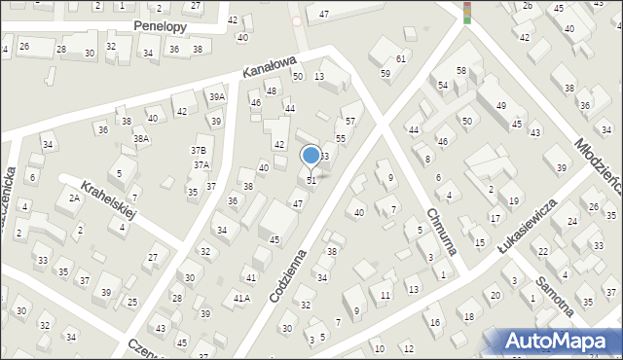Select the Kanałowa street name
click(x=268, y=67)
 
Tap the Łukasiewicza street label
click(x=526, y=227)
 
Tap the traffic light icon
click(x=467, y=12)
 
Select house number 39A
click(x=216, y=97)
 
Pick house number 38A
click(x=142, y=139)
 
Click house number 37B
click(x=199, y=151)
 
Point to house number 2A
click(x=74, y=198)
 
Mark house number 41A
click(x=241, y=299)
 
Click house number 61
click(x=400, y=59)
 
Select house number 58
click(x=461, y=71)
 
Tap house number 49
click(x=500, y=105)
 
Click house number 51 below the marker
click(x=311, y=180)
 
